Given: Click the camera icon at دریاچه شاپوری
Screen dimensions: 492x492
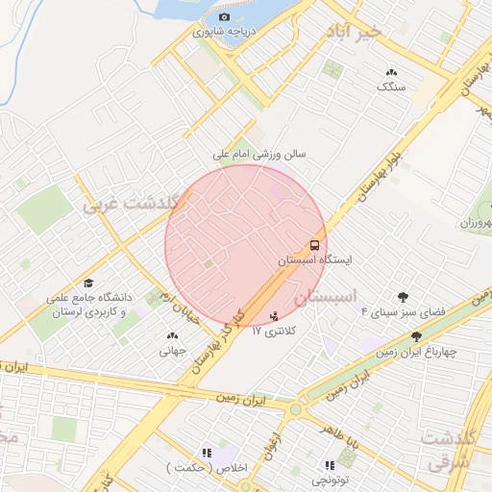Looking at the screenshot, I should (x=224, y=17).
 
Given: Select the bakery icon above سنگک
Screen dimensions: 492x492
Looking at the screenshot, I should (x=391, y=72).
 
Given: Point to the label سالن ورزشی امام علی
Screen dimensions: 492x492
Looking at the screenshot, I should (x=259, y=153).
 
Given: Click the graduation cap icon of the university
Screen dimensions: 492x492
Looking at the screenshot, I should (x=89, y=283).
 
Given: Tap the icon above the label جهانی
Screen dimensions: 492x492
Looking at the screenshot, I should (x=173, y=335).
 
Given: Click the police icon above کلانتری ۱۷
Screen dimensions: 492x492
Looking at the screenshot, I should (x=275, y=314).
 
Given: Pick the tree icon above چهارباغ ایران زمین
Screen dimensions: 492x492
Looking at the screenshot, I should (x=416, y=336).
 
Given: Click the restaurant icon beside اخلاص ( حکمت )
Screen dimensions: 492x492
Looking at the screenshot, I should (x=206, y=452).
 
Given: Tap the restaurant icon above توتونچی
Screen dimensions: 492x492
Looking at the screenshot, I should (x=331, y=465).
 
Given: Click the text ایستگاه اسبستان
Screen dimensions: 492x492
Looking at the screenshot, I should (x=315, y=260).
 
